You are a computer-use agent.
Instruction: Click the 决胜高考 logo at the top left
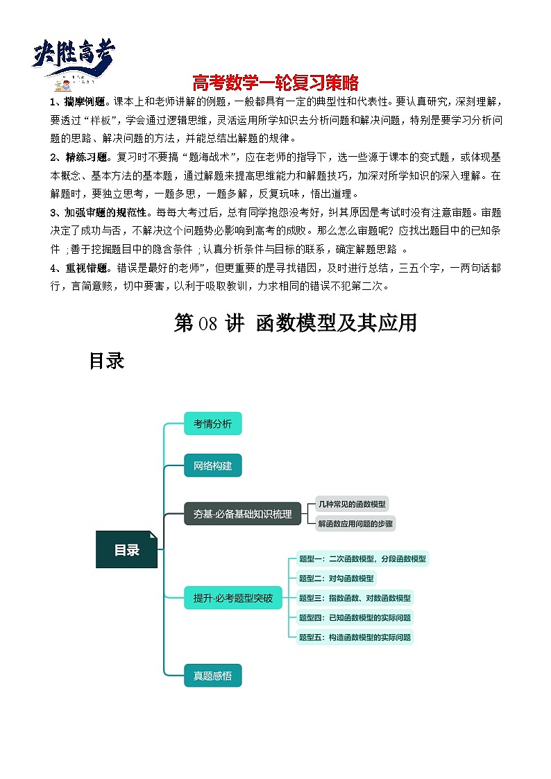pyautogui.click(x=73, y=59)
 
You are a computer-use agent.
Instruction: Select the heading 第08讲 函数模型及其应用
pyautogui.click(x=295, y=323)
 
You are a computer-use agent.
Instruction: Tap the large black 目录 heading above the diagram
pyautogui.click(x=106, y=361)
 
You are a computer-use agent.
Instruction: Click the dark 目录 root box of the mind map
pyautogui.click(x=127, y=550)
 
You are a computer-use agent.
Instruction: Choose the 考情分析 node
pyautogui.click(x=212, y=423)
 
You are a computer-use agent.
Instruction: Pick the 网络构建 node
pyautogui.click(x=212, y=465)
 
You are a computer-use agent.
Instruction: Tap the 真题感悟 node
pyautogui.click(x=212, y=675)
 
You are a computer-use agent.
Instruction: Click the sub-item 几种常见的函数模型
pyautogui.click(x=351, y=504)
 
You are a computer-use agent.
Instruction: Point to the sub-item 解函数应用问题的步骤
pyautogui.click(x=355, y=524)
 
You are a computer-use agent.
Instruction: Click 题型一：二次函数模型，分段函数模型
pyautogui.click(x=362, y=558)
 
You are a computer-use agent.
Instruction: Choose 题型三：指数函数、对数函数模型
pyautogui.click(x=354, y=597)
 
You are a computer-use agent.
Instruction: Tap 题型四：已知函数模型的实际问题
pyautogui.click(x=354, y=617)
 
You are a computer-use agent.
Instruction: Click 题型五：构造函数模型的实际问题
pyautogui.click(x=354, y=637)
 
